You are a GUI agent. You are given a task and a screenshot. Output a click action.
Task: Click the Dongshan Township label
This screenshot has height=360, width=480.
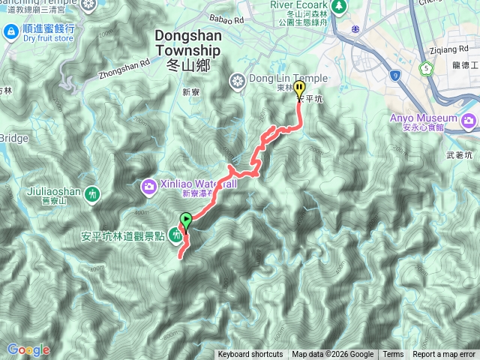point(188,43)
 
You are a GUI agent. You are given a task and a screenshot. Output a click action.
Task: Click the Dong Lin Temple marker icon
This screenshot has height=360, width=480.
point(238,80)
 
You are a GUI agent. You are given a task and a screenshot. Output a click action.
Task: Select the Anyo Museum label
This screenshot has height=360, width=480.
point(424,118)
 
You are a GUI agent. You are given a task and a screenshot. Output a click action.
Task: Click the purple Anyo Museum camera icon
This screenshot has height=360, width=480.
point(469,120)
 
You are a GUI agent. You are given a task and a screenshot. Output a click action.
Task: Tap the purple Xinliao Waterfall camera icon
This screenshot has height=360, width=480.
point(149,184)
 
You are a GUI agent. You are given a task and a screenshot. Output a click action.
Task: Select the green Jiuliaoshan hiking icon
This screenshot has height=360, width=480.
point(91,193)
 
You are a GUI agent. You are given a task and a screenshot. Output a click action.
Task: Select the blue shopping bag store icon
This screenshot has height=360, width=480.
point(11,31)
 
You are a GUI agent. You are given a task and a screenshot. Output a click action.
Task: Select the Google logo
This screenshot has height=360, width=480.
point(28,349)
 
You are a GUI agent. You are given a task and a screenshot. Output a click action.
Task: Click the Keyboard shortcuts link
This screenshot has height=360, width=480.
point(250,355)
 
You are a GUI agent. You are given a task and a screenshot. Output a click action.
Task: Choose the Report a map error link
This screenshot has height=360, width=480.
point(444,355)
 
